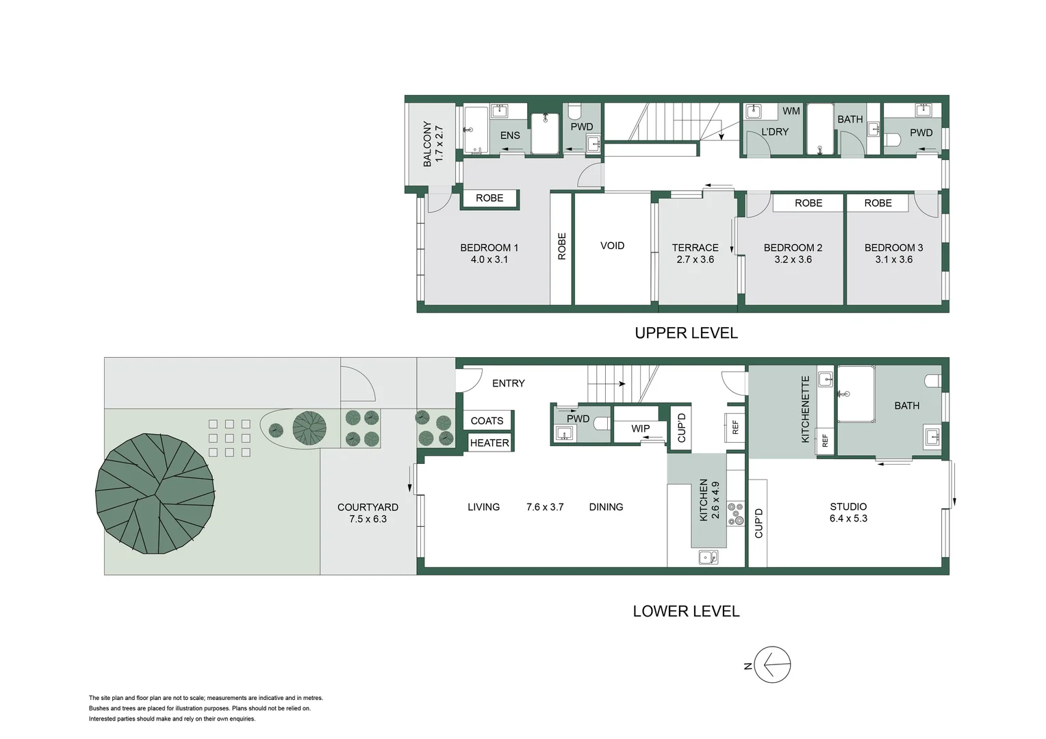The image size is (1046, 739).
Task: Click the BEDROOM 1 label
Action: (x=489, y=253)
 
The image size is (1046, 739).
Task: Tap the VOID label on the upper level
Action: (x=612, y=246)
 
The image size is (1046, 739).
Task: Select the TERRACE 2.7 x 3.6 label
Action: (x=695, y=253)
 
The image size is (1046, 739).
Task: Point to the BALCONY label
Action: (x=433, y=144)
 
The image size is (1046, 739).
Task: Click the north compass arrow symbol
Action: (x=772, y=664)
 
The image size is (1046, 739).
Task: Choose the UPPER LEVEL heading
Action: (x=686, y=333)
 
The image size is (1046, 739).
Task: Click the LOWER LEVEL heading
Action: (x=686, y=611)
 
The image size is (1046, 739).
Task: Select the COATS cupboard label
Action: (x=487, y=421)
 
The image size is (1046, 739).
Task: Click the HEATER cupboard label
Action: (x=489, y=443)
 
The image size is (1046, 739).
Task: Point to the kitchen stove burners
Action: (x=736, y=514)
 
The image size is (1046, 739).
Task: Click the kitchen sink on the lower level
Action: (x=709, y=558)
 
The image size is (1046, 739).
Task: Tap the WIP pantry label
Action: (x=640, y=428)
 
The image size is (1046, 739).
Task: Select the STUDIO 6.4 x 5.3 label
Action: (x=848, y=513)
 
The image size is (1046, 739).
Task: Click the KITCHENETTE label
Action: (x=805, y=409)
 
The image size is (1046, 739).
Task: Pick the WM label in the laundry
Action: (x=791, y=111)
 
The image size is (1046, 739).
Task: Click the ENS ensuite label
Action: (x=510, y=135)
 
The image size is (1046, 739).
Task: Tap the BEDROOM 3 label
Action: (x=893, y=253)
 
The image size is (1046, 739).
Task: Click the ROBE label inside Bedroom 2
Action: (x=808, y=203)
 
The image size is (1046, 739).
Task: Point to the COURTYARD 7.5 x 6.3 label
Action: (x=368, y=513)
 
